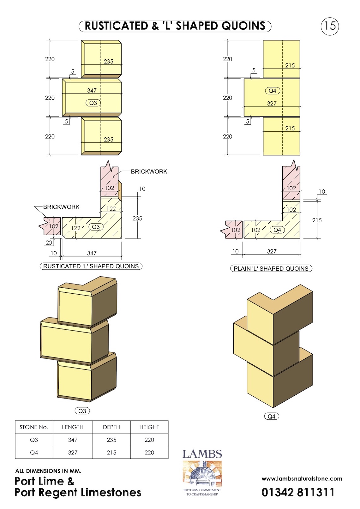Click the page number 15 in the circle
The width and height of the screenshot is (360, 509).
(x=330, y=26)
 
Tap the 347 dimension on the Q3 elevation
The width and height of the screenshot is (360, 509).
(x=92, y=90)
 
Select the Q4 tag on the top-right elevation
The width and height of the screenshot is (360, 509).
(x=273, y=91)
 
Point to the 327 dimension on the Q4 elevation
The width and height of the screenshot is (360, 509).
(x=272, y=104)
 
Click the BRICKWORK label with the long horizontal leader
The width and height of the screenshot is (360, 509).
(x=149, y=171)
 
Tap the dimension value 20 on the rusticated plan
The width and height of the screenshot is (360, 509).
(x=49, y=243)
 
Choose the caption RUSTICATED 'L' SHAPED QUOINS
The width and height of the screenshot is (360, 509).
(x=91, y=266)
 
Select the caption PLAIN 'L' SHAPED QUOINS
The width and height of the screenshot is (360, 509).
(x=271, y=268)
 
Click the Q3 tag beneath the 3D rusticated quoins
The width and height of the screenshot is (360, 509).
(x=82, y=411)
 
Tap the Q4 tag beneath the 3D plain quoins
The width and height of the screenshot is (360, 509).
(x=272, y=416)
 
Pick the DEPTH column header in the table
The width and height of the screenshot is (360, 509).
(x=111, y=427)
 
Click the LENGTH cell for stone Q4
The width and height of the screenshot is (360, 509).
(x=73, y=453)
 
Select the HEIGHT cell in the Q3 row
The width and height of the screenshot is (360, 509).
(x=149, y=440)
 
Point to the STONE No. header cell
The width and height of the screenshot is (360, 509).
(x=34, y=427)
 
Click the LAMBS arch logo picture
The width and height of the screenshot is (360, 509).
(x=202, y=474)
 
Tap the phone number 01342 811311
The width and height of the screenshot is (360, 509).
(x=298, y=492)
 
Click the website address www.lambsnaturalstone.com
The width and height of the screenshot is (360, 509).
(x=302, y=479)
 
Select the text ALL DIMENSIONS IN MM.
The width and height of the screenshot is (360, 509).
(x=48, y=471)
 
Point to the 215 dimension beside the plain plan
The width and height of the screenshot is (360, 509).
(x=317, y=220)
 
